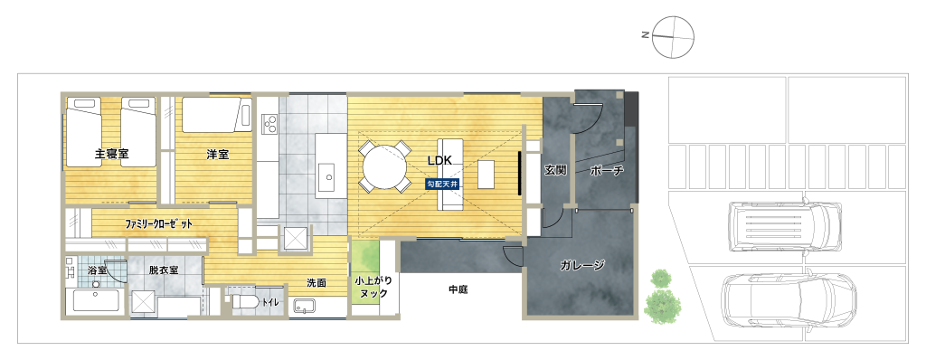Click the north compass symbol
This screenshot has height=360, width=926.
673,37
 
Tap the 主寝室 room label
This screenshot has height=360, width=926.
111,155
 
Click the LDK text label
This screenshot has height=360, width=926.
440,160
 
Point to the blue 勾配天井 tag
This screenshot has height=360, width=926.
442,184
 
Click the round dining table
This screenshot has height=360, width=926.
385,166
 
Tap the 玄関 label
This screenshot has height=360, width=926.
555,170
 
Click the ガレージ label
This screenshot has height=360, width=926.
581,265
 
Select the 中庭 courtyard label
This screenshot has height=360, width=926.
458,289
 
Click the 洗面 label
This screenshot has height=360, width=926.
317,283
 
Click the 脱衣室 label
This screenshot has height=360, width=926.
164,270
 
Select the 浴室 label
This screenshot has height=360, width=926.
97,270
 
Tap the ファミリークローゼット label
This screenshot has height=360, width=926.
159,224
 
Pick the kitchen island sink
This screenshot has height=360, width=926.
328,175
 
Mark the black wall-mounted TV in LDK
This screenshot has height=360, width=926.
519,173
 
